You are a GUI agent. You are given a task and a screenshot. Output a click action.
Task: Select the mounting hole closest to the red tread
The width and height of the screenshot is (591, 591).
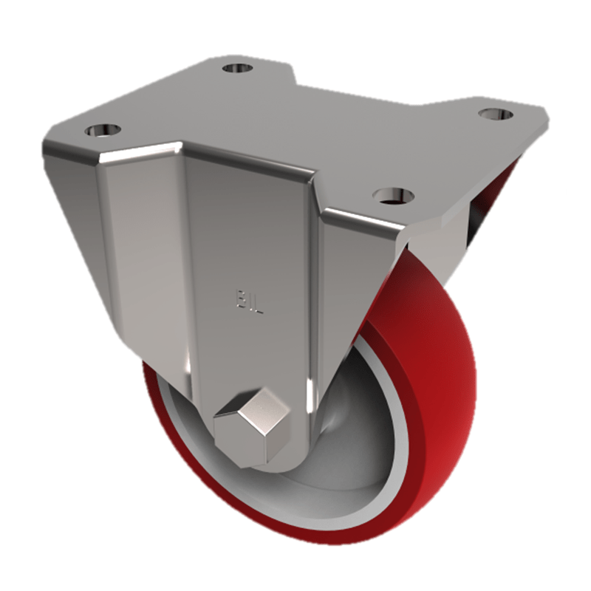coord(392,195)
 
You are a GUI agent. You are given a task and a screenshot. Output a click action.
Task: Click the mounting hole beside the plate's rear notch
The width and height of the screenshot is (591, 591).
coord(237,69)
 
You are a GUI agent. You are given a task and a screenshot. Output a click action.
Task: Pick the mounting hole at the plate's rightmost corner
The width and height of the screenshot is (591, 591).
coord(495,114)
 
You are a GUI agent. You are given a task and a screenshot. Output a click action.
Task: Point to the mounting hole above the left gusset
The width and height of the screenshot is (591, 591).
coord(103,130)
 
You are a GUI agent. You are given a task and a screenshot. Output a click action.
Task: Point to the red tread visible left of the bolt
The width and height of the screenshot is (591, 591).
coord(166,428)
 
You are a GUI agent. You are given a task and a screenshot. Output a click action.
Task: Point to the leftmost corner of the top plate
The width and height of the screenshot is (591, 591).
coord(46,148)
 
